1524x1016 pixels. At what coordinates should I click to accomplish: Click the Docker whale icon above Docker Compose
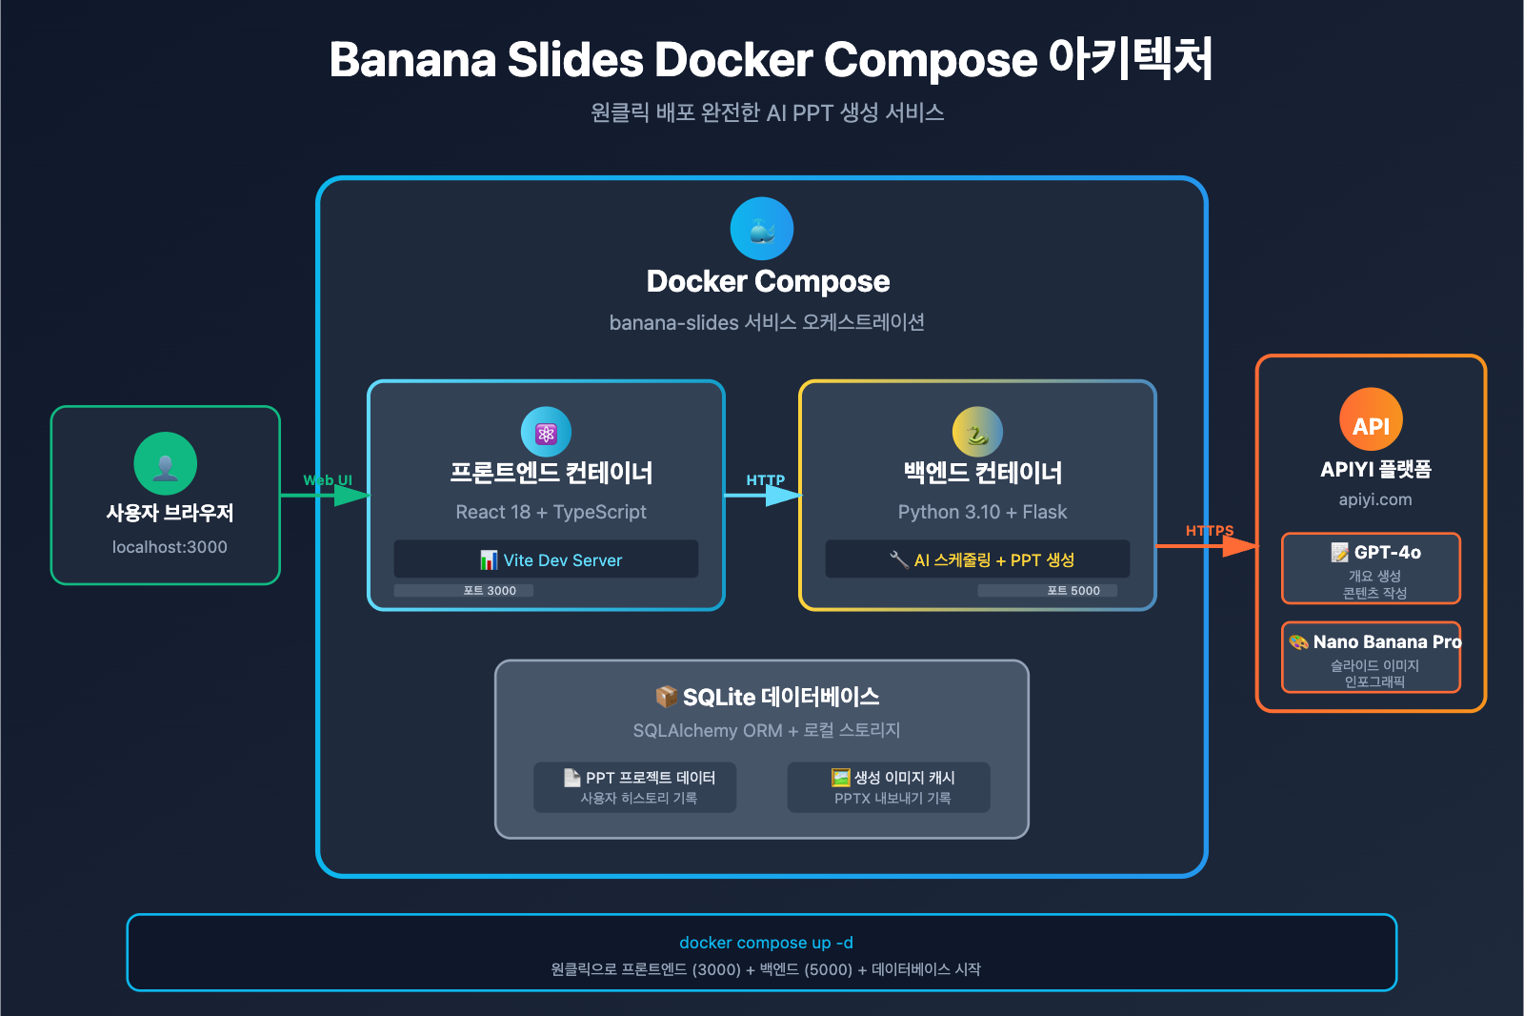click(761, 229)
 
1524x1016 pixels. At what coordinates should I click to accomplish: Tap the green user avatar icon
click(165, 463)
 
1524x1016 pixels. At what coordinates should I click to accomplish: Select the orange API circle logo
click(1371, 419)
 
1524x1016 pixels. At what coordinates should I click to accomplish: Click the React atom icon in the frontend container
click(546, 432)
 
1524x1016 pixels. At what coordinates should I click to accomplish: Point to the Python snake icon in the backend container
click(977, 432)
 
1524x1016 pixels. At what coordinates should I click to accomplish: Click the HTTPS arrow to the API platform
click(1208, 546)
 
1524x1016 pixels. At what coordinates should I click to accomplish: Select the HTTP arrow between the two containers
click(765, 495)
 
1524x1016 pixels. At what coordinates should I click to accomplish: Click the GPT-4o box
click(1371, 568)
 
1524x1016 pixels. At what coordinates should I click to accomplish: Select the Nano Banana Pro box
click(1371, 657)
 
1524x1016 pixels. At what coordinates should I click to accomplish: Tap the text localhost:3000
click(170, 547)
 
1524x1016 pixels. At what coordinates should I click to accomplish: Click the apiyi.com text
click(1374, 499)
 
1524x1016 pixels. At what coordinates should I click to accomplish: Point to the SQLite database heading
click(768, 697)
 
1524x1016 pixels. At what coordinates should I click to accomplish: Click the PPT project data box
click(635, 787)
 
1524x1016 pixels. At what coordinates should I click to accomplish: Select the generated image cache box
click(889, 787)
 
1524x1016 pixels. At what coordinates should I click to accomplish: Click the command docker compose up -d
click(766, 943)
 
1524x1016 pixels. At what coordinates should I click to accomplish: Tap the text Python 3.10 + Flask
click(982, 512)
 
